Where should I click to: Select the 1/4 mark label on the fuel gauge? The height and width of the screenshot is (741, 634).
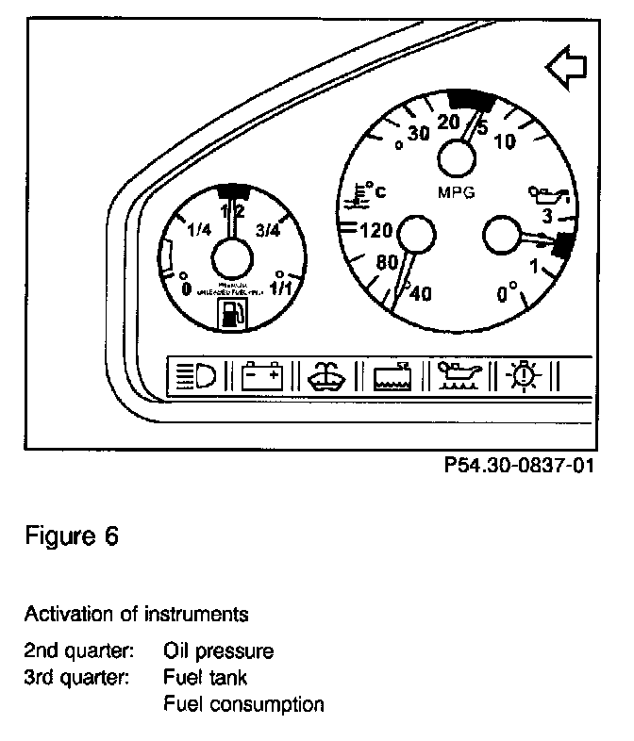199,230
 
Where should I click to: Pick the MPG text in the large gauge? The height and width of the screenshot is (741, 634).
457,192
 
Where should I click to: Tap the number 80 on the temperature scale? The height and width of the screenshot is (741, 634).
388,263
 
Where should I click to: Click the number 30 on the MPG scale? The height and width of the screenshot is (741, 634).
418,134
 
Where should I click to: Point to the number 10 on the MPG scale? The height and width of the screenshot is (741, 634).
504,141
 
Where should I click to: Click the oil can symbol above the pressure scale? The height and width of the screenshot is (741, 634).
550,198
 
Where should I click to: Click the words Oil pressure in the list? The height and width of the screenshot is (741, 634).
218,650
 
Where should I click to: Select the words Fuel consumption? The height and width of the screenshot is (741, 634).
243,703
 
